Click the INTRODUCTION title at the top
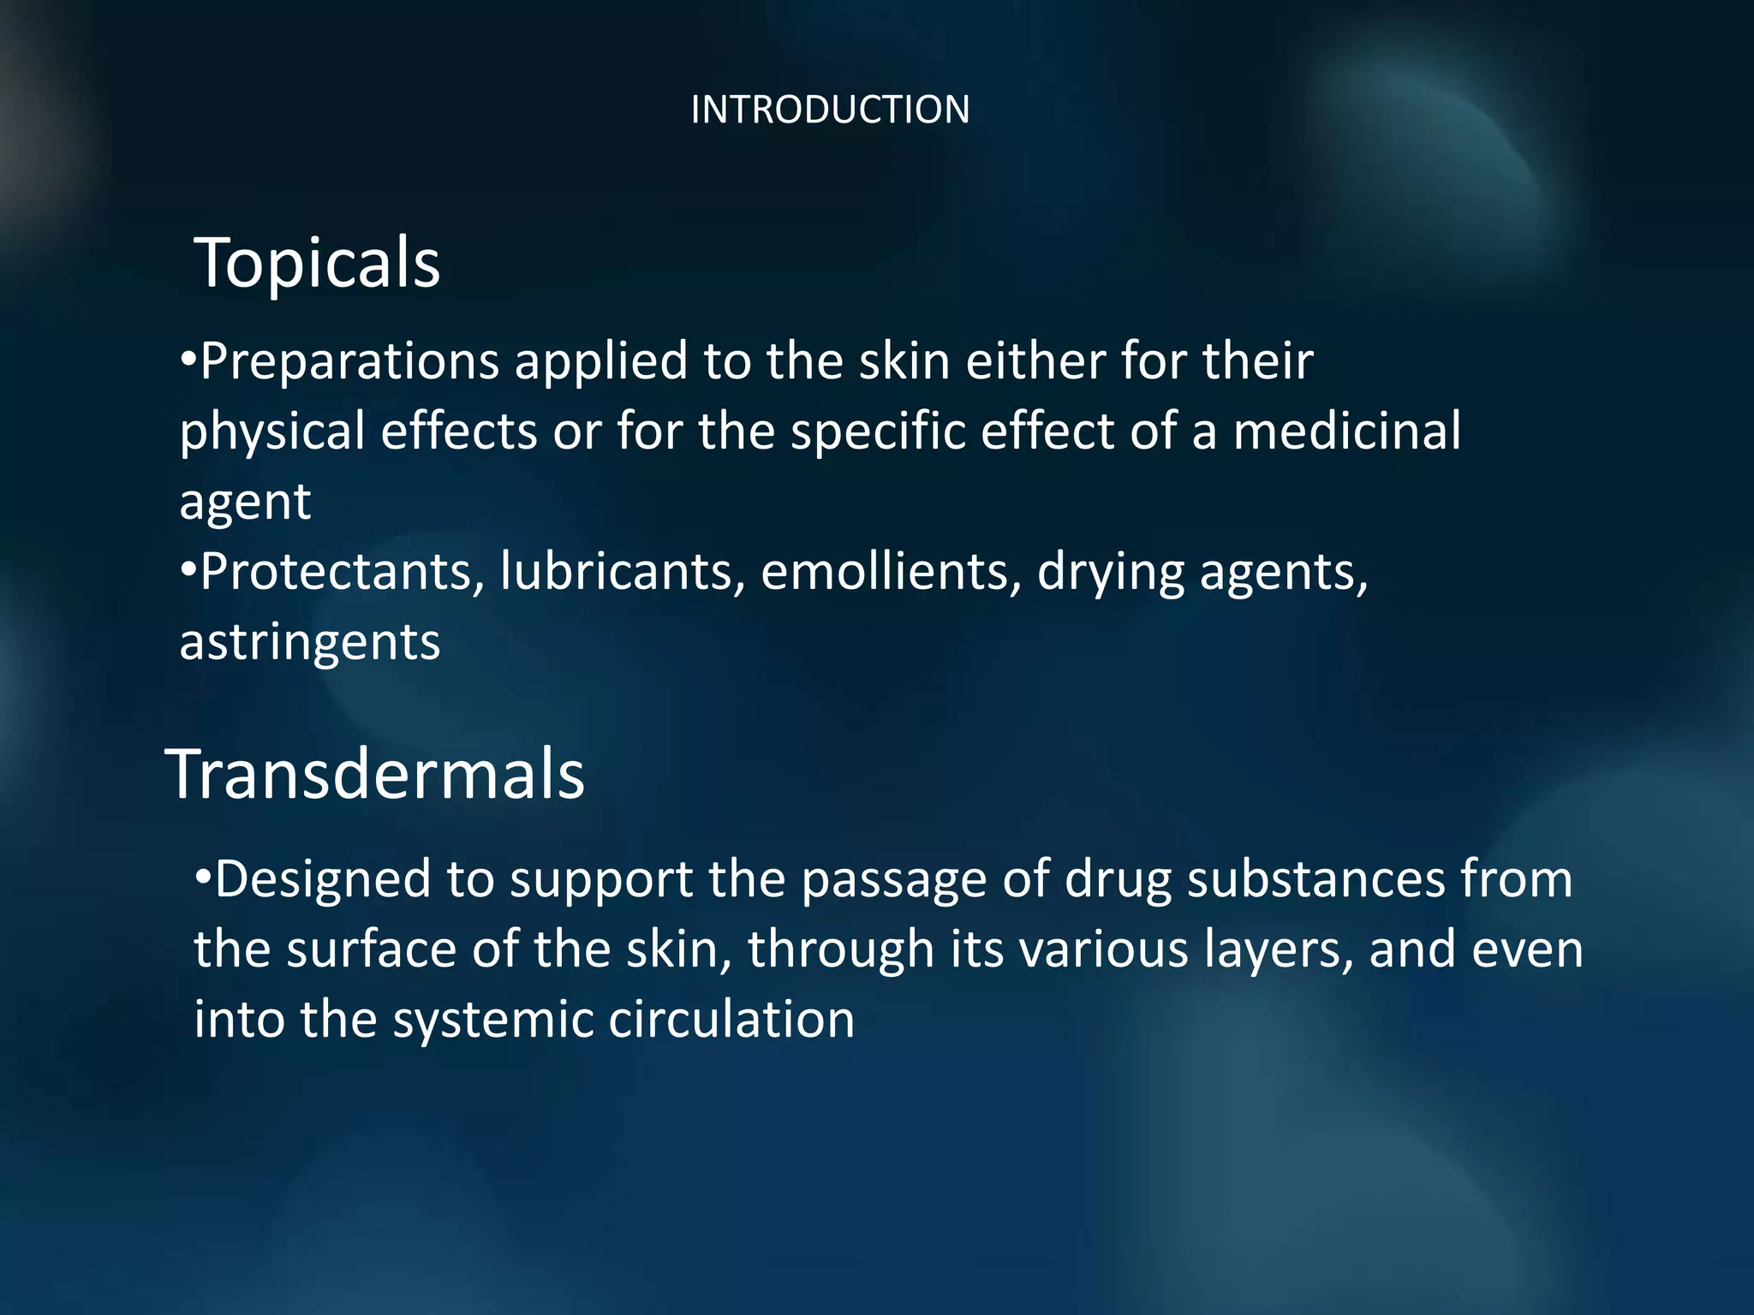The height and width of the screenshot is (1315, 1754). point(829,110)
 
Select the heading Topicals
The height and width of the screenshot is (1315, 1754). point(318,262)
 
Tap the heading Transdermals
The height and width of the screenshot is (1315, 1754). point(375,774)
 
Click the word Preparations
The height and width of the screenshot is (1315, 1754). point(349,362)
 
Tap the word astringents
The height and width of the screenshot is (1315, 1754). point(309,642)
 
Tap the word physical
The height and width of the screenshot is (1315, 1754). point(271,432)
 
